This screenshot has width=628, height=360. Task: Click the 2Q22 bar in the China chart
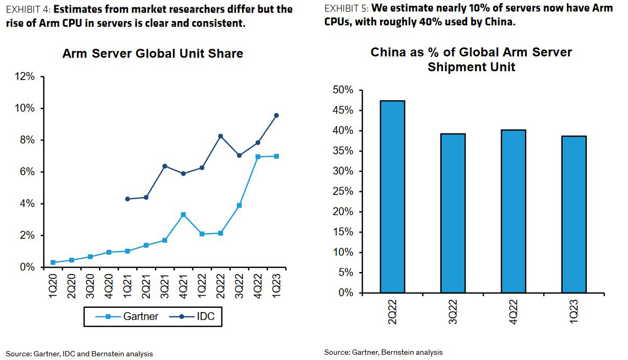pyautogui.click(x=392, y=196)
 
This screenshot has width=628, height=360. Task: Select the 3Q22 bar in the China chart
pyautogui.click(x=452, y=213)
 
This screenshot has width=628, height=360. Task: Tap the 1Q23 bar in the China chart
pyautogui.click(x=574, y=214)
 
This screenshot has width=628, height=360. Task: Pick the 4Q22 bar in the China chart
pyautogui.click(x=513, y=211)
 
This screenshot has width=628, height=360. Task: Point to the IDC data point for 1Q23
pyautogui.click(x=276, y=115)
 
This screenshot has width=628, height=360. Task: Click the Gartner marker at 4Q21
pyautogui.click(x=183, y=215)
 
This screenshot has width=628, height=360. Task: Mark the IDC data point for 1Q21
pyautogui.click(x=127, y=199)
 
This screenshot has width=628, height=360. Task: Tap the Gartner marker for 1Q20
pyautogui.click(x=53, y=262)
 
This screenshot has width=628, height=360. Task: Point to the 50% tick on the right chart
pyautogui.click(x=343, y=90)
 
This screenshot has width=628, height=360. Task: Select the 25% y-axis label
pyautogui.click(x=343, y=191)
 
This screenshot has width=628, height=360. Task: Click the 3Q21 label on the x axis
pyautogui.click(x=165, y=288)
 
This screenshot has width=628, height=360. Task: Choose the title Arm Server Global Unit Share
pyautogui.click(x=152, y=54)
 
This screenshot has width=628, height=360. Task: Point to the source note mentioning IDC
pyautogui.click(x=79, y=354)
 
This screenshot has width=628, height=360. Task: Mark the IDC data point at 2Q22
pyautogui.click(x=220, y=136)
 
